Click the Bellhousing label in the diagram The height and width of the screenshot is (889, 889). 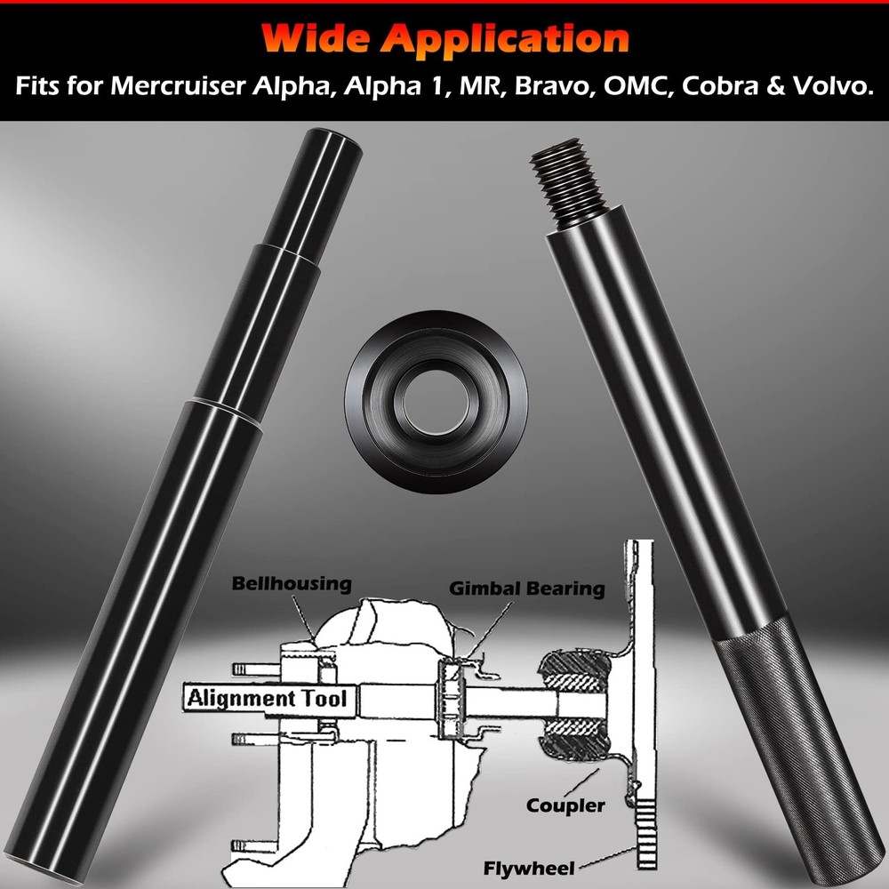292,584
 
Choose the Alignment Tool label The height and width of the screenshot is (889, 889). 267,698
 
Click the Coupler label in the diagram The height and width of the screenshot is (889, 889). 565,806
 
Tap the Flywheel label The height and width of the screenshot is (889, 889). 529,867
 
